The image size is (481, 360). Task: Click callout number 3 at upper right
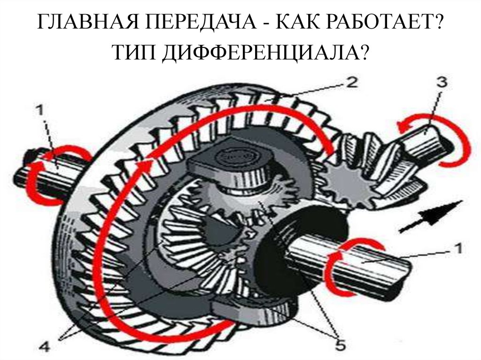[441, 83]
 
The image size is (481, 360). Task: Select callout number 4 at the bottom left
[45, 347]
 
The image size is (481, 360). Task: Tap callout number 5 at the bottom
[339, 345]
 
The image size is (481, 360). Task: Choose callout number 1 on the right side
[458, 248]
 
